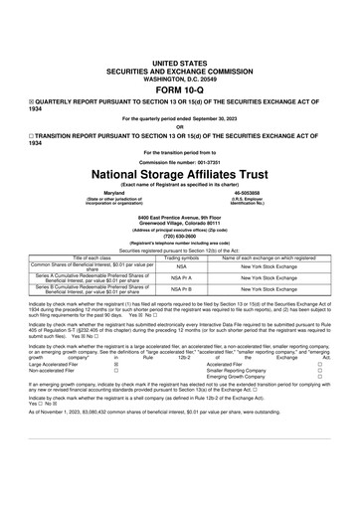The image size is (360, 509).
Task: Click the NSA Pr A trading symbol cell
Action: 181,278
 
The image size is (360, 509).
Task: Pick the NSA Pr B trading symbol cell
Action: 181,291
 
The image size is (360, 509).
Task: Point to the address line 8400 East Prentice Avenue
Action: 180,215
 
